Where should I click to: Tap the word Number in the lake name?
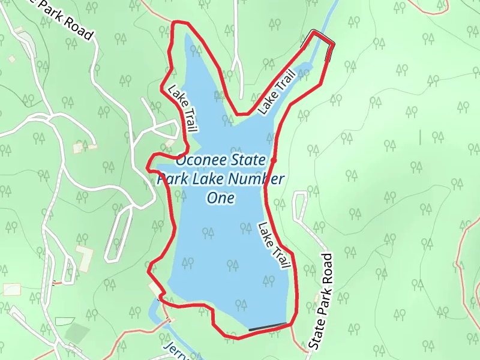tap(260, 179)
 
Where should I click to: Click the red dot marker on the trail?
tap(274, 161)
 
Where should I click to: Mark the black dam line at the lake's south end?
tap(268, 327)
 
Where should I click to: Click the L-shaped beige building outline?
tap(84, 255)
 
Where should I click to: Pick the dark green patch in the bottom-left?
tap(77, 333)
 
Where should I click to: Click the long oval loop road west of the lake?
tap(119, 237)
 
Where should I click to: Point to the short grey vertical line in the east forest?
tap(420, 137)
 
